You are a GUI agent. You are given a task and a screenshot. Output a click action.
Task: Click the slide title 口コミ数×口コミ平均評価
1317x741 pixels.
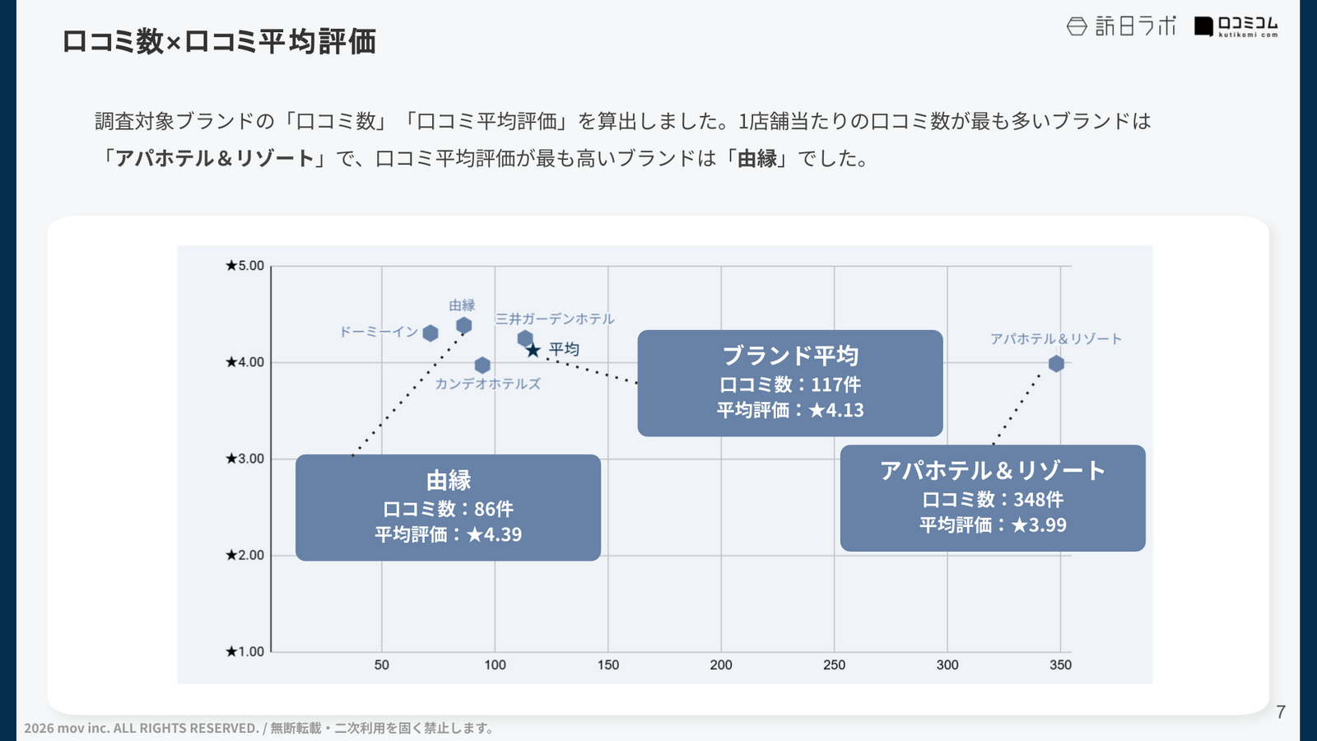click(219, 41)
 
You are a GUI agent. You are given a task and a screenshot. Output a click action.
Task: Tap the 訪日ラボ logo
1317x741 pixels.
click(1121, 26)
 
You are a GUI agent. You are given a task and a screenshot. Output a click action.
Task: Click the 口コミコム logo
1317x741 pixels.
click(1236, 26)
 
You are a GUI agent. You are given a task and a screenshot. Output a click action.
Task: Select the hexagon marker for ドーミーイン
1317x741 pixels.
click(430, 333)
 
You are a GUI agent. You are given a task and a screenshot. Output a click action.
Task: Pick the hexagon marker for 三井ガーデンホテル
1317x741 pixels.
click(525, 338)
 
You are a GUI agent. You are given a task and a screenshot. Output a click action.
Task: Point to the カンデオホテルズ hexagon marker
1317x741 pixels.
click(482, 365)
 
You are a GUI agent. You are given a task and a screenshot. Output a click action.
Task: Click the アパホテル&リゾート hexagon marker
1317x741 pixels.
click(1056, 364)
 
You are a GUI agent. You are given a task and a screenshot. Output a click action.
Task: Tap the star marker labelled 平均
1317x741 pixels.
click(533, 351)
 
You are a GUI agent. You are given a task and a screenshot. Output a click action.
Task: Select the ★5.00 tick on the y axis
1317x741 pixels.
click(245, 266)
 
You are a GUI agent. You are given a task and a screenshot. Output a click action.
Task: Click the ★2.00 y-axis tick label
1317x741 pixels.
click(245, 555)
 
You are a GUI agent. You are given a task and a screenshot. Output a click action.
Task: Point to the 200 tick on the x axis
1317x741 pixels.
click(721, 665)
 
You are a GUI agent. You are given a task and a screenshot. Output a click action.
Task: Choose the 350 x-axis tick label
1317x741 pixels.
click(1060, 665)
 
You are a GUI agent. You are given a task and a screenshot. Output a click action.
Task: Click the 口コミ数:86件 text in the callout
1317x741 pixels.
click(448, 509)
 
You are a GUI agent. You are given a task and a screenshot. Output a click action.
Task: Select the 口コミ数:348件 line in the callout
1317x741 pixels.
click(993, 500)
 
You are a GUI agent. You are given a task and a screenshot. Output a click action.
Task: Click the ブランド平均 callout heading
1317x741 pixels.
click(790, 356)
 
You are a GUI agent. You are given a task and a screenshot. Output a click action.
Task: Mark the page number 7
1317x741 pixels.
click(1281, 712)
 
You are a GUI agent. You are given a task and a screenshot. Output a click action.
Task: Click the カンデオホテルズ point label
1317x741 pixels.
click(488, 384)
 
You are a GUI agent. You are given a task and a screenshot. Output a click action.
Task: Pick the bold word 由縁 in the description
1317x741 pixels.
click(757, 158)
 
